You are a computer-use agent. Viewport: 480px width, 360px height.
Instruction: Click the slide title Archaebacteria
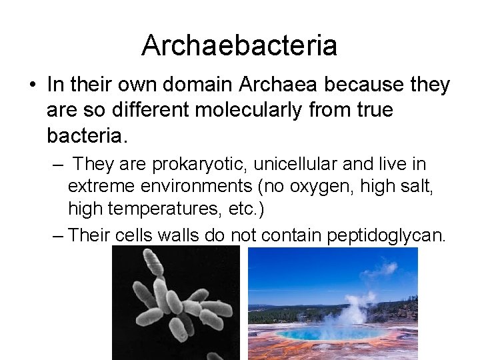(x=239, y=45)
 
